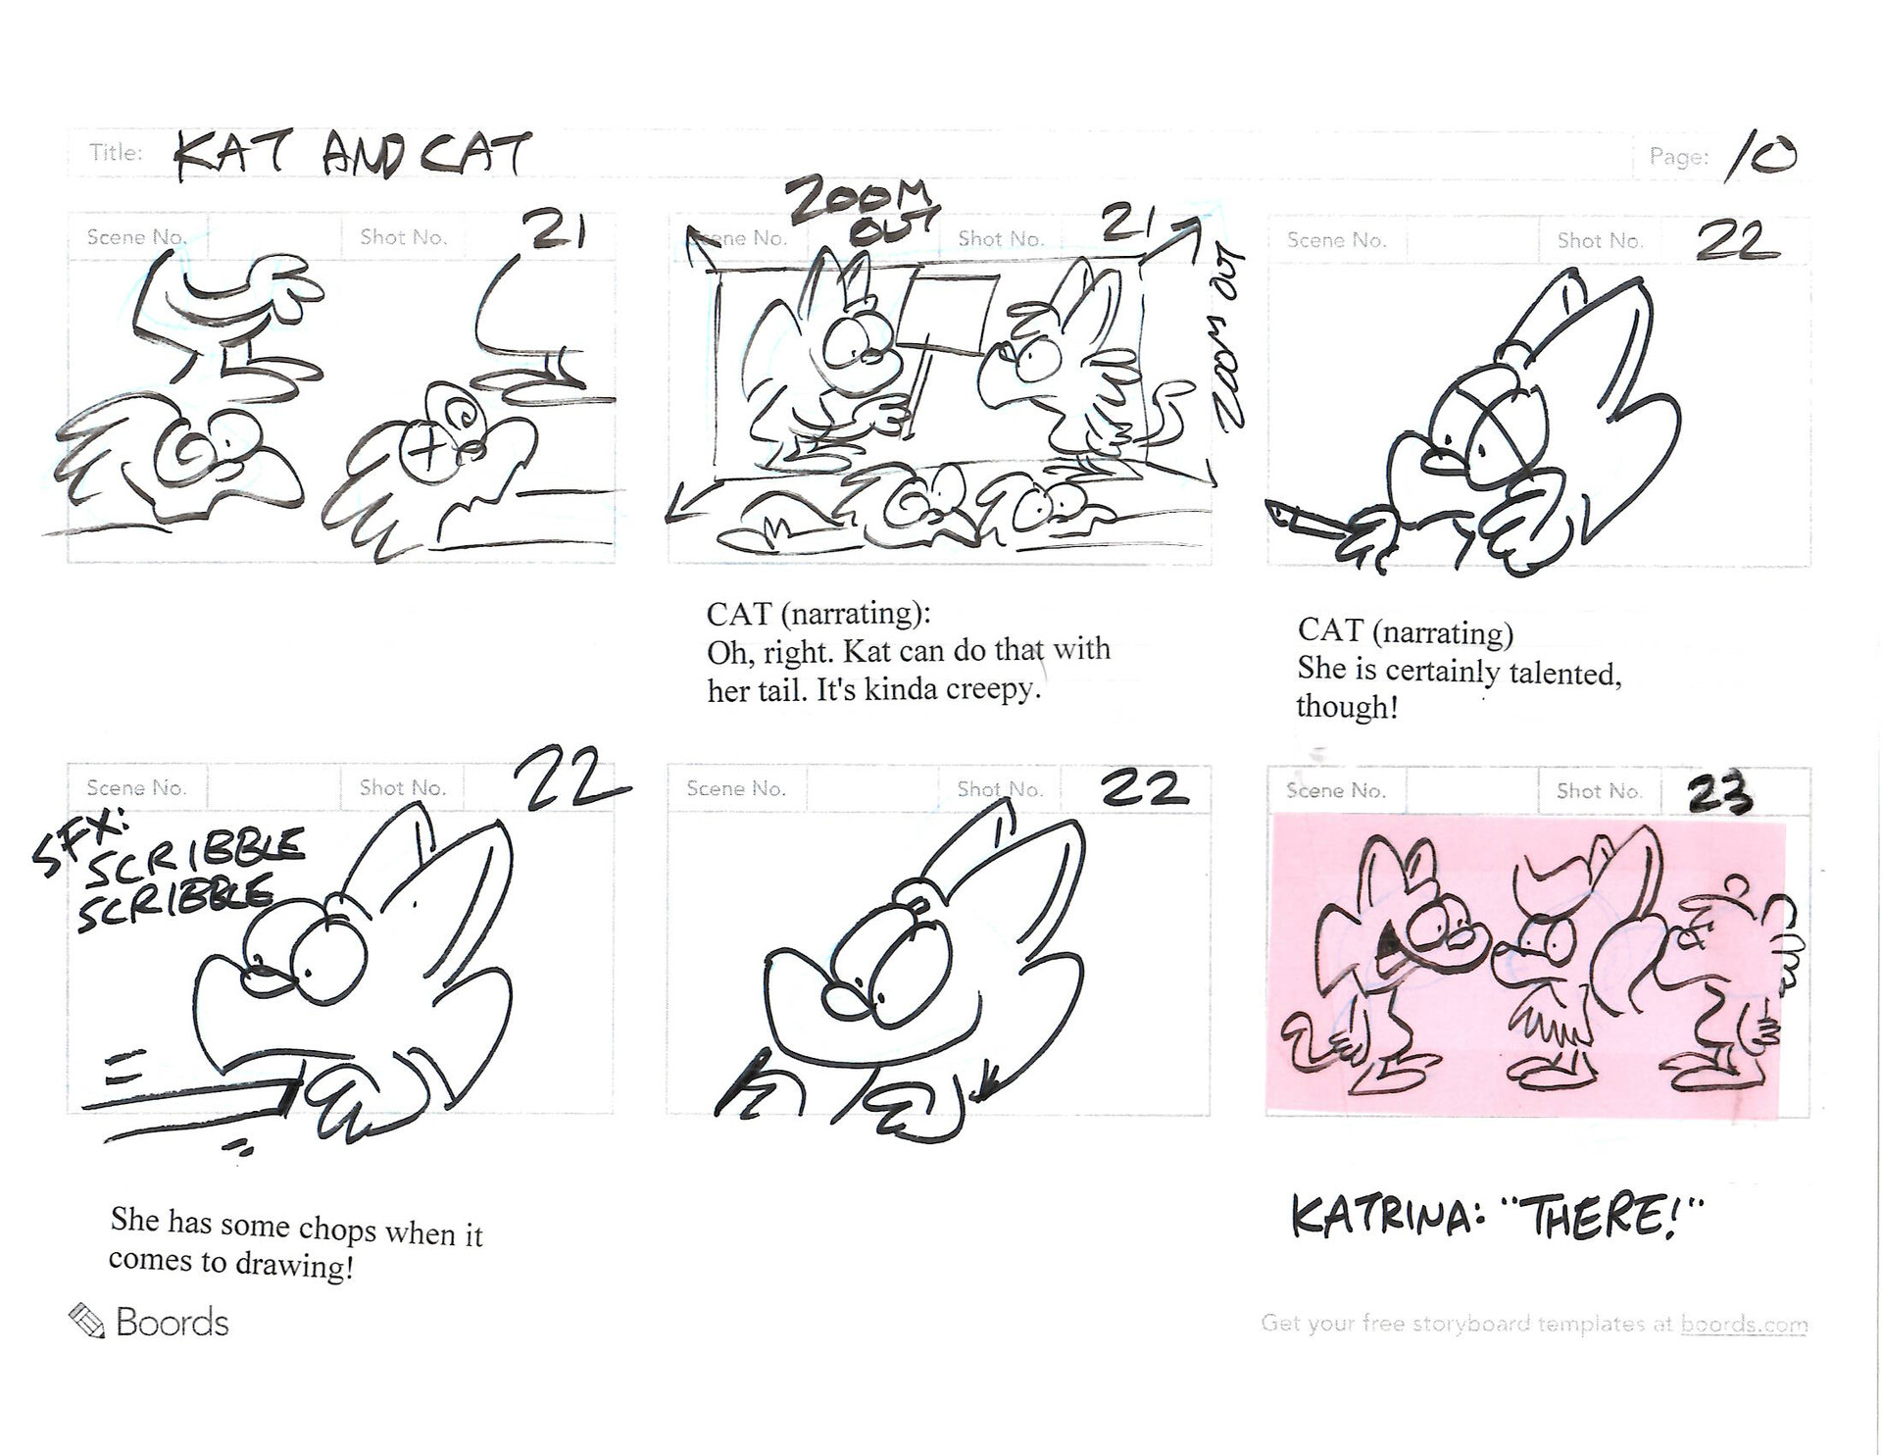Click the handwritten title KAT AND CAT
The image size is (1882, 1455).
pyautogui.click(x=353, y=155)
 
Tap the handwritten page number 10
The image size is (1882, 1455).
pyautogui.click(x=1761, y=157)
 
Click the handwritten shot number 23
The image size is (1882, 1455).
pyautogui.click(x=1718, y=794)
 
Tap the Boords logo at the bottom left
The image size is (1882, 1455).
pyautogui.click(x=149, y=1323)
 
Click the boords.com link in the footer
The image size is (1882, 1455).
pyautogui.click(x=1744, y=1325)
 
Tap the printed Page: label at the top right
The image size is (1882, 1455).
pyautogui.click(x=1678, y=157)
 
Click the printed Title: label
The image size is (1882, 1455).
pyautogui.click(x=116, y=153)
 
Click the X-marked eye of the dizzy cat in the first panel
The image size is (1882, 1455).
pyautogui.click(x=426, y=452)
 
